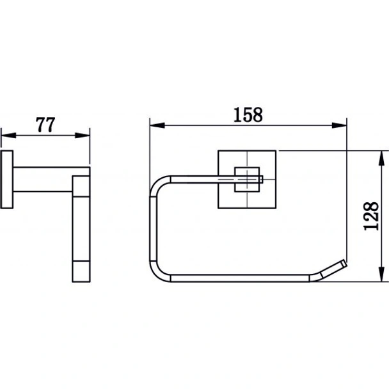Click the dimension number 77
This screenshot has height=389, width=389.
pyautogui.click(x=45, y=125)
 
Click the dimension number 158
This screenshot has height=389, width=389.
pyautogui.click(x=248, y=115)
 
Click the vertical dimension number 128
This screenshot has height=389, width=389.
pyautogui.click(x=371, y=216)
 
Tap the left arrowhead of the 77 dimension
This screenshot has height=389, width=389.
pyautogui.click(x=9, y=136)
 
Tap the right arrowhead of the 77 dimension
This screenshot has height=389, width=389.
pyautogui.click(x=83, y=136)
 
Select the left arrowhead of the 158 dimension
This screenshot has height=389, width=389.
pyautogui.click(x=157, y=125)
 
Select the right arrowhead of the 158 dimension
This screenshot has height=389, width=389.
pyautogui.click(x=339, y=125)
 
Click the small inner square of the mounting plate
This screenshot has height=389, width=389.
pyautogui.click(x=247, y=179)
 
